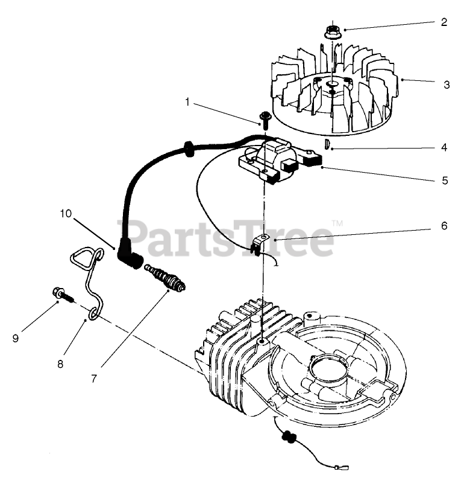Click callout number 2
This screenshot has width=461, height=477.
pyautogui.click(x=444, y=22)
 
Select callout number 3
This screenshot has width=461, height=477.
pyautogui.click(x=446, y=85)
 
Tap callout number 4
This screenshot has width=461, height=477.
pyautogui.click(x=444, y=147)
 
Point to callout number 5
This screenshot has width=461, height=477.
pyautogui.click(x=444, y=180)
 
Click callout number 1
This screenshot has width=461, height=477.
pyautogui.click(x=187, y=103)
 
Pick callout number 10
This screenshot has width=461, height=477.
pyautogui.click(x=66, y=213)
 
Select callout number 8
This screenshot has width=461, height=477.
pyautogui.click(x=60, y=363)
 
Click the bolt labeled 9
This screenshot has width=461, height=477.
pyautogui.click(x=61, y=295)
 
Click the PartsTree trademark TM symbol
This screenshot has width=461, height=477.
pyautogui.click(x=337, y=222)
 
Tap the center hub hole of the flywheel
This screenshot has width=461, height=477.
pyautogui.click(x=331, y=87)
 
